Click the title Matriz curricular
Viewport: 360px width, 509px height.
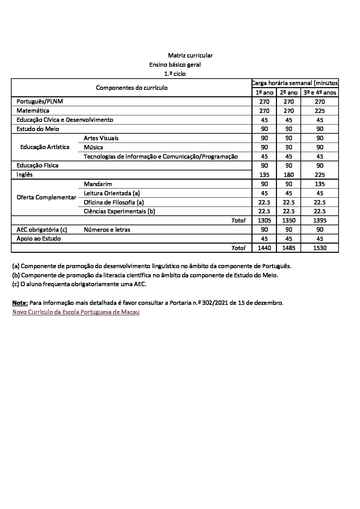[x=190, y=55]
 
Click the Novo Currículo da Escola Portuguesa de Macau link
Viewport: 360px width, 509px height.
[x=76, y=312]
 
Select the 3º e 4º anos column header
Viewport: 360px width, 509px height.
[x=320, y=93]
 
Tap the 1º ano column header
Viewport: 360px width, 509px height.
[x=264, y=93]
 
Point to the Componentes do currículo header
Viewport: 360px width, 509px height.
[x=132, y=88]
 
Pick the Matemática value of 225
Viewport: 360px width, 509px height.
[x=320, y=111]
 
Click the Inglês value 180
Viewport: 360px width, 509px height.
[x=289, y=175]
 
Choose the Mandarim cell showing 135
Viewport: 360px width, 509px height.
[x=320, y=184]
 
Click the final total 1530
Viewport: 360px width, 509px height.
[x=320, y=248]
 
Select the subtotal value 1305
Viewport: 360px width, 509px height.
[x=264, y=220]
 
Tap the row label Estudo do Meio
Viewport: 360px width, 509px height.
[x=38, y=129]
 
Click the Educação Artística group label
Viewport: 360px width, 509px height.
[x=45, y=147]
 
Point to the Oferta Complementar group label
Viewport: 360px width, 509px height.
[x=46, y=198]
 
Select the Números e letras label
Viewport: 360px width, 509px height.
[x=107, y=230]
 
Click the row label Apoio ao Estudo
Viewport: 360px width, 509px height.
[x=39, y=239]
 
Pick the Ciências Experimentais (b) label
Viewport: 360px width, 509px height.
[x=119, y=211]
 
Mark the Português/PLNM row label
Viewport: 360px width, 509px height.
[x=40, y=101]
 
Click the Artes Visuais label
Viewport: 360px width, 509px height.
[x=101, y=138]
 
